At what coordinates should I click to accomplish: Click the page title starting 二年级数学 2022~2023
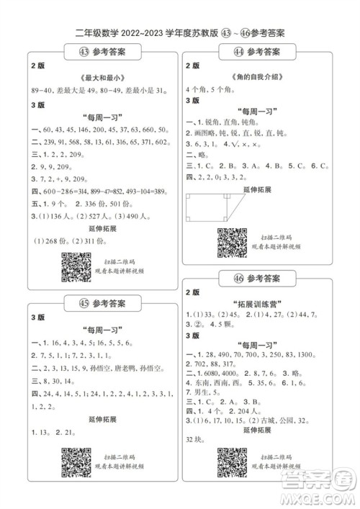[180, 32]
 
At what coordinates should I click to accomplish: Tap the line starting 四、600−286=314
[99, 192]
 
